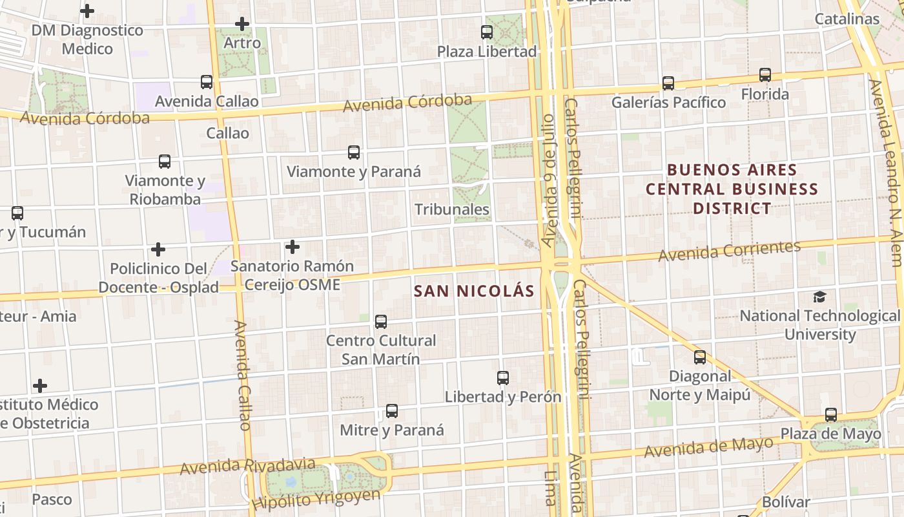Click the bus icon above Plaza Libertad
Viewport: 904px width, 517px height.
(487, 32)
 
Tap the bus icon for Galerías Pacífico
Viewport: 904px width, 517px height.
(668, 83)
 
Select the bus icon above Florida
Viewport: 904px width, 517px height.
(765, 75)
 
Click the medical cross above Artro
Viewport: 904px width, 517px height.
(242, 24)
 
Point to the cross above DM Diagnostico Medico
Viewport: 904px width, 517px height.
(87, 11)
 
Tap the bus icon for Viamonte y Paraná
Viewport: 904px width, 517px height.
(354, 153)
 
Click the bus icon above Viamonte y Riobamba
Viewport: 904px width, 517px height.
(165, 162)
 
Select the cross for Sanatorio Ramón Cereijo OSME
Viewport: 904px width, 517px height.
(293, 247)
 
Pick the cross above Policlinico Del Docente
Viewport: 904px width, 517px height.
(158, 249)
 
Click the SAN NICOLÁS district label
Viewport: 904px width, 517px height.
(474, 291)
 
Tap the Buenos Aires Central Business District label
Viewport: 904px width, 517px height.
(732, 189)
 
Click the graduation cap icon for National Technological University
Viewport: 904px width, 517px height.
(819, 297)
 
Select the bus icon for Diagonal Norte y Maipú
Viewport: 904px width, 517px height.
(700, 357)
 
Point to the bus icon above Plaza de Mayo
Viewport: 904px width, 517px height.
(831, 415)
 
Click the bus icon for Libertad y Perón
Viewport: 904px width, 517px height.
(503, 378)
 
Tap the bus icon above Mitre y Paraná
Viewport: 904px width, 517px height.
(392, 411)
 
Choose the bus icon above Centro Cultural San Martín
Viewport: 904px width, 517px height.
(381, 321)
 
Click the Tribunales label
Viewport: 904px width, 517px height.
(452, 209)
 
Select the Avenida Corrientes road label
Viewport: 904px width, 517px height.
(730, 251)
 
